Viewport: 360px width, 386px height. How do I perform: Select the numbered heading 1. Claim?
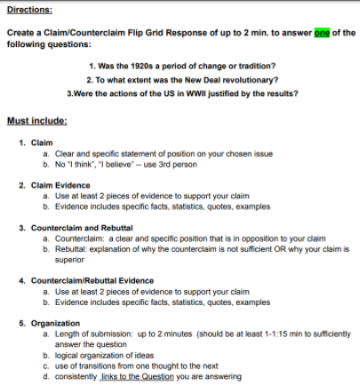point(37,142)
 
